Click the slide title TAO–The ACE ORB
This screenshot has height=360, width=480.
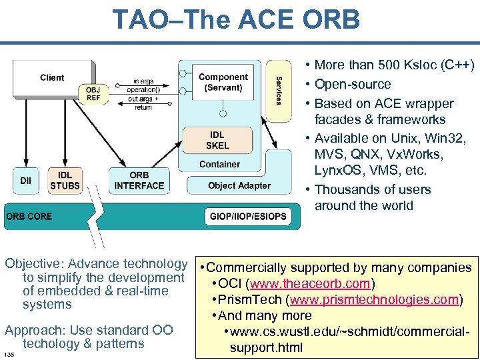(x=236, y=19)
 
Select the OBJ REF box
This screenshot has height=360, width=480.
(x=94, y=93)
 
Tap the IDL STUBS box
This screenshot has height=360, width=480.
(x=65, y=180)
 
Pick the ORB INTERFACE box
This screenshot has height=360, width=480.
(x=139, y=180)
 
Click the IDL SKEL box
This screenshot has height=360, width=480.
(x=217, y=140)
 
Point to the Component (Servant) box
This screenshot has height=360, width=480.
(x=223, y=83)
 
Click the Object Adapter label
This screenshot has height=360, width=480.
(x=239, y=185)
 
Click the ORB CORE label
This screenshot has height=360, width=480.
(x=29, y=216)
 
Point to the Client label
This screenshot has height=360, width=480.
(x=52, y=77)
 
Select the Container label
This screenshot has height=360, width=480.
(x=219, y=164)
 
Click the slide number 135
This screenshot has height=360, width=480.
(x=9, y=353)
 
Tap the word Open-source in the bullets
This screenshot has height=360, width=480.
(x=352, y=84)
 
